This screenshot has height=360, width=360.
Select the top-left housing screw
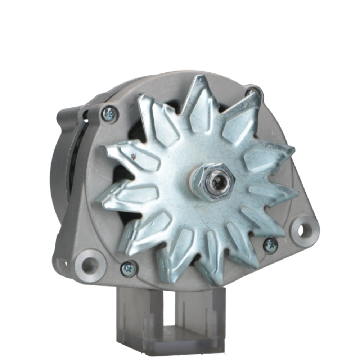108,114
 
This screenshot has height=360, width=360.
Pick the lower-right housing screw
270,245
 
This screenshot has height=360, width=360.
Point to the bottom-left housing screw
129,269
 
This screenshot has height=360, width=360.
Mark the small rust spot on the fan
134,156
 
